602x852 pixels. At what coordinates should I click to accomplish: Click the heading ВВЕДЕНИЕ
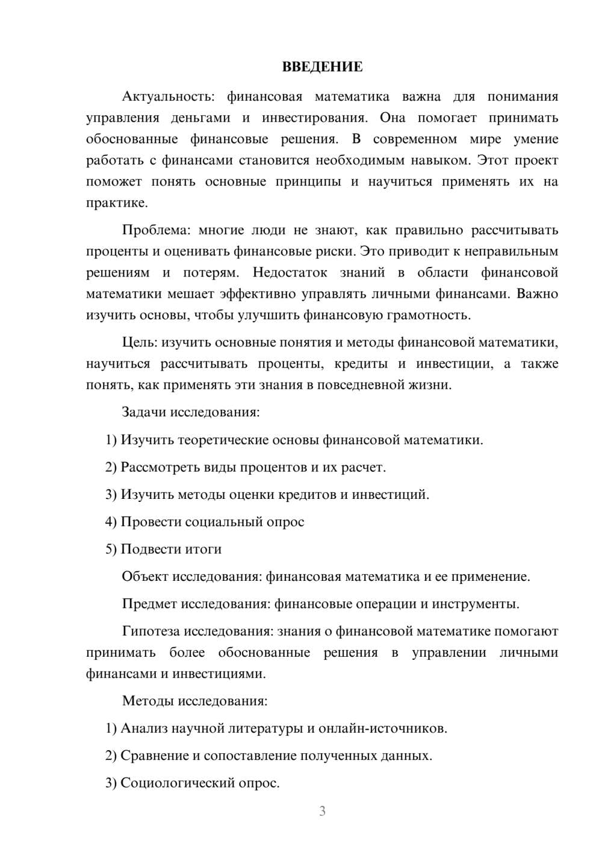pyautogui.click(x=322, y=67)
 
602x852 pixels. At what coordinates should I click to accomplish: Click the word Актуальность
pyautogui.click(x=166, y=96)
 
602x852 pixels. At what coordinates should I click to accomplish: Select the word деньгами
pyautogui.click(x=200, y=117)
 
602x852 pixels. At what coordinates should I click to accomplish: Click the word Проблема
pyautogui.click(x=156, y=230)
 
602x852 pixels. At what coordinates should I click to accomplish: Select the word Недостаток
pyautogui.click(x=290, y=272)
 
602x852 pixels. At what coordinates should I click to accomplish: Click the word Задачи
pyautogui.click(x=144, y=413)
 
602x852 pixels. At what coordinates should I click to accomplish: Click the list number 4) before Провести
pyautogui.click(x=111, y=522)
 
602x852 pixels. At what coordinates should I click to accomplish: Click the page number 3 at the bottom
pyautogui.click(x=322, y=812)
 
